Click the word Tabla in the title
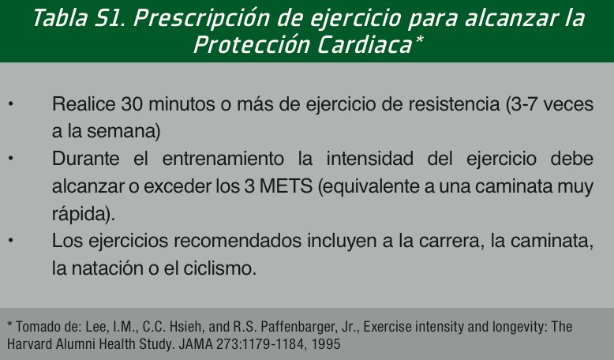coord(60,18)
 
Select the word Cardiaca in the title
coord(364,45)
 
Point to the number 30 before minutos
coord(132,104)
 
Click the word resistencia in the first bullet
coord(454,104)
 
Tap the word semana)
coord(124,131)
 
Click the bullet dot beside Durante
coord(10,159)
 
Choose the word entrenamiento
coord(223,159)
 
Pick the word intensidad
coord(369,159)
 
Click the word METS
coord(286,186)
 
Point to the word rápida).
coord(84,214)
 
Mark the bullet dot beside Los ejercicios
coord(10,241)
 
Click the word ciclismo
coord(219,268)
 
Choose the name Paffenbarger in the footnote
coord(297,327)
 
